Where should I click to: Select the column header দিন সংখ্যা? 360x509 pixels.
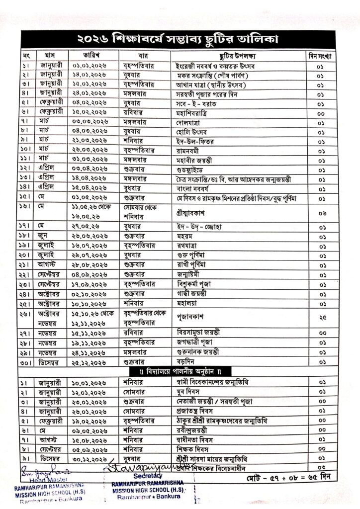(x=321, y=54)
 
